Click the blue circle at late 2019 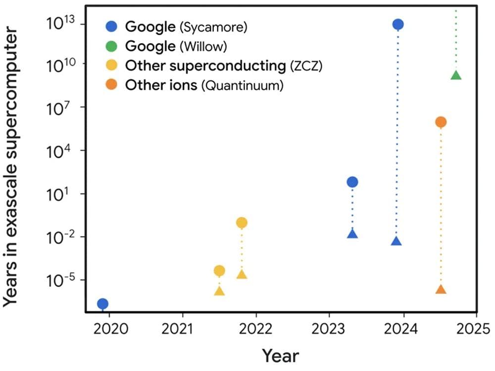click(x=102, y=304)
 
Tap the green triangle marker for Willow click(x=456, y=75)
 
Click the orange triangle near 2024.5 click(x=441, y=290)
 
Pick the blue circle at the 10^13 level click(x=397, y=24)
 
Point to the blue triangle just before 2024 click(x=396, y=241)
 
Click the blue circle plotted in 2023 click(x=352, y=182)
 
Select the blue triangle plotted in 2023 click(x=352, y=234)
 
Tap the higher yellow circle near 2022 click(x=242, y=223)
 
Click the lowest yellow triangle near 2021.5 click(x=219, y=291)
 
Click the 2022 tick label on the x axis click(x=256, y=330)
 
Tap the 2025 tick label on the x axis click(x=476, y=330)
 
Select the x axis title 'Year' click(x=280, y=356)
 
